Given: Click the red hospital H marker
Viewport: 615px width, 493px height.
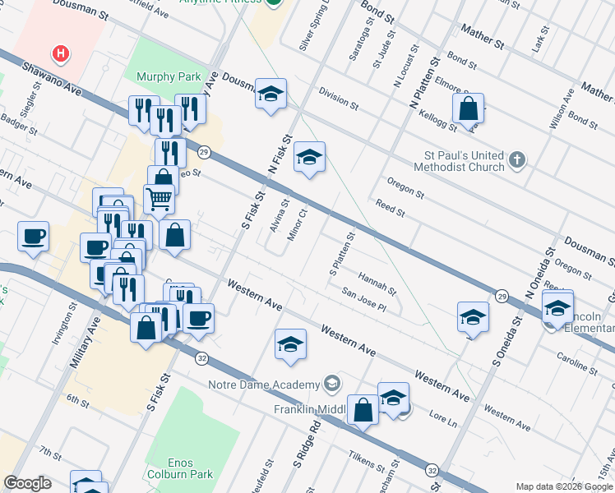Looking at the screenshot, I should click(60, 54).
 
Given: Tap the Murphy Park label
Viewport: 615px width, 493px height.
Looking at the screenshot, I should click(168, 76).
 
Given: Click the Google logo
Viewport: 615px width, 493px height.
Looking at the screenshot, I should click(27, 483).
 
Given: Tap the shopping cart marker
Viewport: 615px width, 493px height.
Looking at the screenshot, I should click(159, 198).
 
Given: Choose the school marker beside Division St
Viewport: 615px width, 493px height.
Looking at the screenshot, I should click(270, 94).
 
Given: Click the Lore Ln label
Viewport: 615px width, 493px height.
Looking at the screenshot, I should click(442, 421).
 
